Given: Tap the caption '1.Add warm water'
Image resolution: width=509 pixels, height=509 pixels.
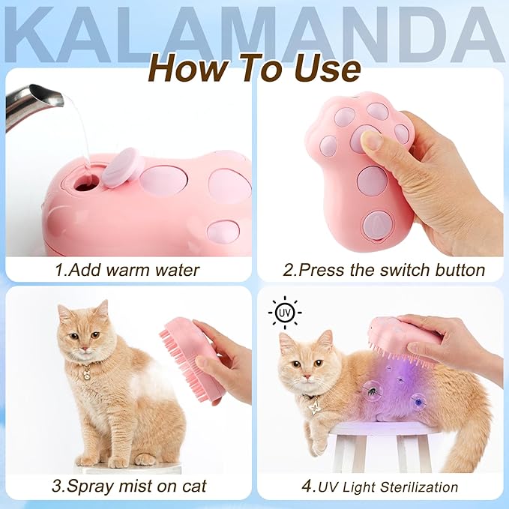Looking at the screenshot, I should (x=127, y=269).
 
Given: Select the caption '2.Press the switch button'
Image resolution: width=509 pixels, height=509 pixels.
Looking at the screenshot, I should (x=382, y=269).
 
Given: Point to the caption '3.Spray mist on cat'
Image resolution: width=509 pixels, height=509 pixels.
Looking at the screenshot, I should (x=127, y=485).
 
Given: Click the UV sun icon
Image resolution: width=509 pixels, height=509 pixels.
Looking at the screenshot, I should (x=284, y=313).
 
